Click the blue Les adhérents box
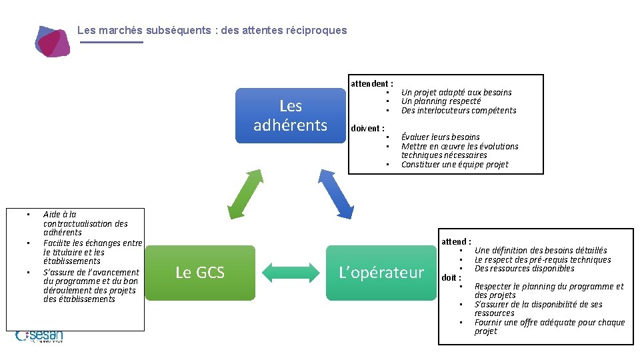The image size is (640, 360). click(x=290, y=115)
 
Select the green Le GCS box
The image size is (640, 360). click(x=200, y=272)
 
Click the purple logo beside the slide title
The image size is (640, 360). click(x=53, y=41)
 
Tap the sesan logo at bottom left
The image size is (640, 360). click(x=40, y=336)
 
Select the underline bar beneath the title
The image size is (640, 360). click(x=111, y=42)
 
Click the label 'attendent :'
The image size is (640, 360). click(x=372, y=83)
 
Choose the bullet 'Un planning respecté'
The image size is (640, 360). click(x=441, y=101)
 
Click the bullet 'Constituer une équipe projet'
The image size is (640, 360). click(x=455, y=165)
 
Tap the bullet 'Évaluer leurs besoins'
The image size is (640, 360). click(x=440, y=137)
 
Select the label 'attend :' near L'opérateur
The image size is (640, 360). click(x=457, y=241)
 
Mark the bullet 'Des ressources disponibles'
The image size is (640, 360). click(x=524, y=269)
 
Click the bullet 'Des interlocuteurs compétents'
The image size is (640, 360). click(x=459, y=111)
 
